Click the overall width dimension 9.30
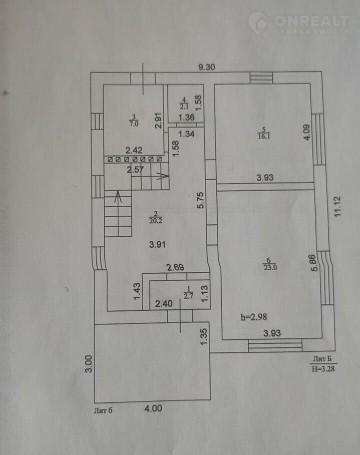point(206,67)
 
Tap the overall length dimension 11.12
point(337,206)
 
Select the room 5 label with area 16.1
point(263,133)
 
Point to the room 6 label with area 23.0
point(270,264)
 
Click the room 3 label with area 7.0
point(133,120)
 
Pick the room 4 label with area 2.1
point(184,103)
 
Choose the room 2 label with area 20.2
point(155,217)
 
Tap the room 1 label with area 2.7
point(188,292)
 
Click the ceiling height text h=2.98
point(254,317)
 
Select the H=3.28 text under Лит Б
point(323,369)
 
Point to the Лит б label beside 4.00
point(103,410)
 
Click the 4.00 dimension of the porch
point(153,408)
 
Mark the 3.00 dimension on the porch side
point(89,363)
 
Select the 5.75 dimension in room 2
point(200,200)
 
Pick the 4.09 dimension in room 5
point(306,132)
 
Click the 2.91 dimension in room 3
point(158,120)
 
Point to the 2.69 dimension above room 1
point(175,267)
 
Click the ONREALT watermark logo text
point(311,21)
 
